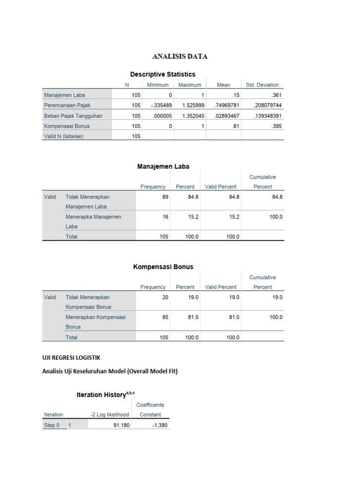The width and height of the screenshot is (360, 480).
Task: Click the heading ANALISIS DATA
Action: click(180, 57)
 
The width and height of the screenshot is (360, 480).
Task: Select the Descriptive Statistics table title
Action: click(163, 74)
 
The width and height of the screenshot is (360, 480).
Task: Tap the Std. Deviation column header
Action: click(262, 85)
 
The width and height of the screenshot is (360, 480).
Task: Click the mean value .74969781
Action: click(223, 105)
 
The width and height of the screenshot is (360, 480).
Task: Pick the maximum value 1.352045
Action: click(190, 116)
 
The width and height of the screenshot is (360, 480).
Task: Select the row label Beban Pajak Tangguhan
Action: click(73, 116)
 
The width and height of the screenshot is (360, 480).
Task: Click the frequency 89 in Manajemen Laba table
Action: click(165, 197)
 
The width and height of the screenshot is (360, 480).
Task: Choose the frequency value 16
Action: click(165, 217)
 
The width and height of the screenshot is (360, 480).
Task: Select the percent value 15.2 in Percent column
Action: click(192, 217)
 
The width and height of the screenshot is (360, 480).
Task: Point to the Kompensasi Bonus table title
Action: click(163, 267)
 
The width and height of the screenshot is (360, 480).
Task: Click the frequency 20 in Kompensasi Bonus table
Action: click(165, 297)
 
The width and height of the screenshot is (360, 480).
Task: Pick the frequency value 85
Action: click(165, 317)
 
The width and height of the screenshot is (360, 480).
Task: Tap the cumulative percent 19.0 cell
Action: click(277, 297)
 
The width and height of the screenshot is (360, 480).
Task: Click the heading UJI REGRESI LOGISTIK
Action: click(71, 358)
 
